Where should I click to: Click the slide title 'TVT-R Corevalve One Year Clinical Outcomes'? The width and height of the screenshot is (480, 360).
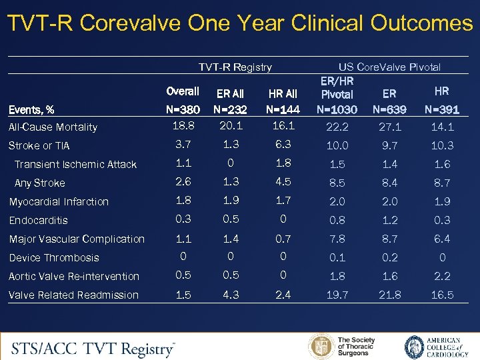click(240, 23)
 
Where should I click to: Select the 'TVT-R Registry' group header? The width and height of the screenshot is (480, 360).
click(235, 67)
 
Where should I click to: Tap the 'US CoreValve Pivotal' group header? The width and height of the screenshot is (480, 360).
click(389, 67)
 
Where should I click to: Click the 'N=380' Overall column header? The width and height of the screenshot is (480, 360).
click(182, 109)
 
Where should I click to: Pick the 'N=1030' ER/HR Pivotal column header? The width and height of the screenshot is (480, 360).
click(337, 109)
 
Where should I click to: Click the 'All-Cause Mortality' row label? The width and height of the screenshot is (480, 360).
click(53, 127)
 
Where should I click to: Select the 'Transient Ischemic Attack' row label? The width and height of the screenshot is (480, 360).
click(75, 165)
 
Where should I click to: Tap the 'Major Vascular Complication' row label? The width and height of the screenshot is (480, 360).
click(77, 239)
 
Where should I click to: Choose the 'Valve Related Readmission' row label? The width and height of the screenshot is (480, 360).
click(74, 295)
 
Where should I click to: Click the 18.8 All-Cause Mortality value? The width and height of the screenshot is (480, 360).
click(183, 126)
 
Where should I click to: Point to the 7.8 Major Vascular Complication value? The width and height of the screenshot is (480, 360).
click(337, 239)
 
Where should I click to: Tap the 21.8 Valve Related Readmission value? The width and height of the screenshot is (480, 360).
click(391, 295)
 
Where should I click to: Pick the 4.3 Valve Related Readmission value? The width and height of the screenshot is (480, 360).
click(230, 295)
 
